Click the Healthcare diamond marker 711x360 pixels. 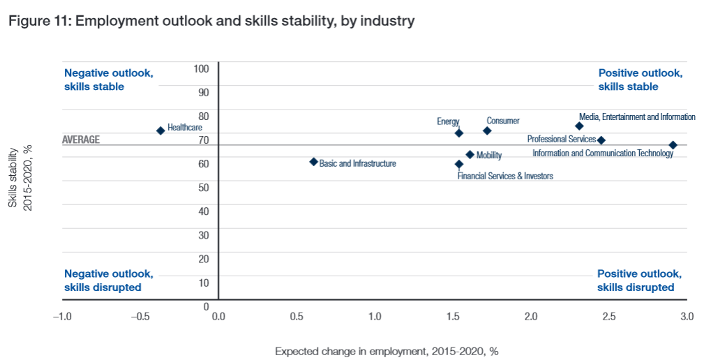tap(160, 130)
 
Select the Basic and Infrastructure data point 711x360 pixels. tap(314, 162)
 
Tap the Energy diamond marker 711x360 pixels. tap(458, 133)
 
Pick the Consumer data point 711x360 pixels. tap(487, 130)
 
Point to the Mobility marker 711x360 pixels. tap(470, 155)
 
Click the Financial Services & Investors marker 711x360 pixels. tap(458, 164)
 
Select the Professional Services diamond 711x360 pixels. tap(601, 140)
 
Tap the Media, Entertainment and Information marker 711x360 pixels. tap(579, 126)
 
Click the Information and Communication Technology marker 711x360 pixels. tap(673, 145)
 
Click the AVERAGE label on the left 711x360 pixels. tap(81, 140)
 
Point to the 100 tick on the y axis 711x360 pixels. tap(202, 68)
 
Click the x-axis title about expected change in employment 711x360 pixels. tap(386, 351)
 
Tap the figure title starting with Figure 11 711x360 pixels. tap(211, 21)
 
